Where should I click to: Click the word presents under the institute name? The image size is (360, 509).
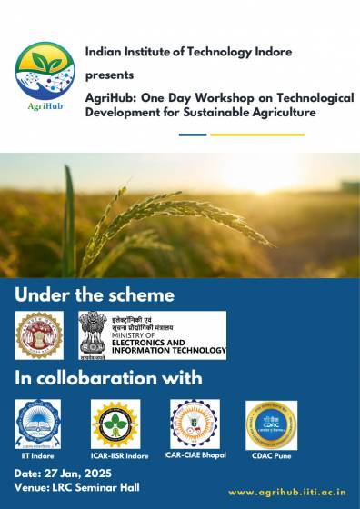tap(108, 75)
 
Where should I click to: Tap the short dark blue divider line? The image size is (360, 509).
tap(192, 135)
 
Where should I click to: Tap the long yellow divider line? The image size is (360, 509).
tap(256, 135)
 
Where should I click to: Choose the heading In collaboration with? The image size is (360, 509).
tap(108, 377)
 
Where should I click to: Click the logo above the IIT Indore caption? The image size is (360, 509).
tap(38, 423)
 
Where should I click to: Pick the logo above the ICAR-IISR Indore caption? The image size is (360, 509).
tap(115, 424)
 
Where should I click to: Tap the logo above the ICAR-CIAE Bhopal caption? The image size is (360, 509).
tap(194, 424)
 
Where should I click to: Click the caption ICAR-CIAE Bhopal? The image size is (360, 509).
tap(194, 454)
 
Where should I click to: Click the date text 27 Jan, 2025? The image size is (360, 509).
tap(78, 474)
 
